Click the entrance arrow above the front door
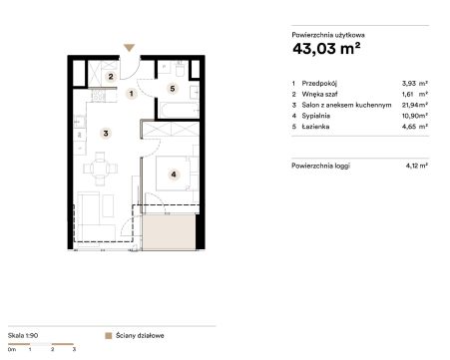129,48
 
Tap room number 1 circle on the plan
132,94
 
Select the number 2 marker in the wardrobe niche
111,77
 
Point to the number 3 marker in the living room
106,134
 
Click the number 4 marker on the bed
174,175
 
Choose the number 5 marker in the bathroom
173,89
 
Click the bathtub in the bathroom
179,110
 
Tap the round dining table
100,169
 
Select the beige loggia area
169,231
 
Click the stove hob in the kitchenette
99,96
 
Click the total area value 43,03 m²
326,49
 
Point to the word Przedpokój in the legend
319,84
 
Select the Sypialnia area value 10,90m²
414,116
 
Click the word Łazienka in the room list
315,127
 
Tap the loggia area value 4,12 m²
416,166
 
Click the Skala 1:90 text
23,335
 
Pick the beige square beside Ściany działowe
109,336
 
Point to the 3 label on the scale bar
74,349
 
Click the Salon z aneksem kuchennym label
346,105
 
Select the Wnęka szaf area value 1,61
407,94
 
